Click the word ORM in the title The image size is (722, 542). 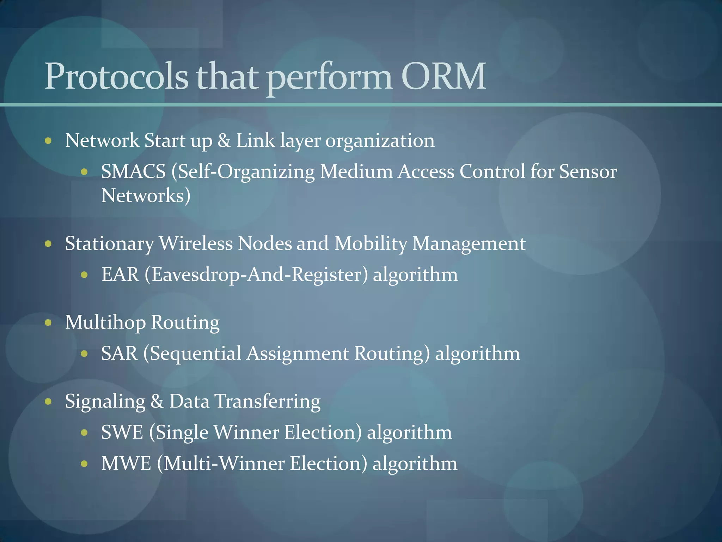click(443, 76)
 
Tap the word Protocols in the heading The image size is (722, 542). click(116, 76)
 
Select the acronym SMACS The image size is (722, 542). click(133, 172)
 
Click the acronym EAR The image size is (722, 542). click(120, 275)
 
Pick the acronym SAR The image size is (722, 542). click(119, 353)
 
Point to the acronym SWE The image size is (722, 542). click(122, 432)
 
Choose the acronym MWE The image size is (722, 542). click(126, 463)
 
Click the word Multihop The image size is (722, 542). click(105, 323)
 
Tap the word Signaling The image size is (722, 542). click(105, 402)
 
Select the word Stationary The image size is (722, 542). click(110, 244)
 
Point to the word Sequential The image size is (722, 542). click(195, 354)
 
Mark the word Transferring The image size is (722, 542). click(267, 402)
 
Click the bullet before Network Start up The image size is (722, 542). click(48, 141)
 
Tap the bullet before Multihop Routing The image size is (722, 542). click(48, 323)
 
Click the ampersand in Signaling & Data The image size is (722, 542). click(157, 402)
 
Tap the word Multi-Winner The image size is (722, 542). click(224, 463)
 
